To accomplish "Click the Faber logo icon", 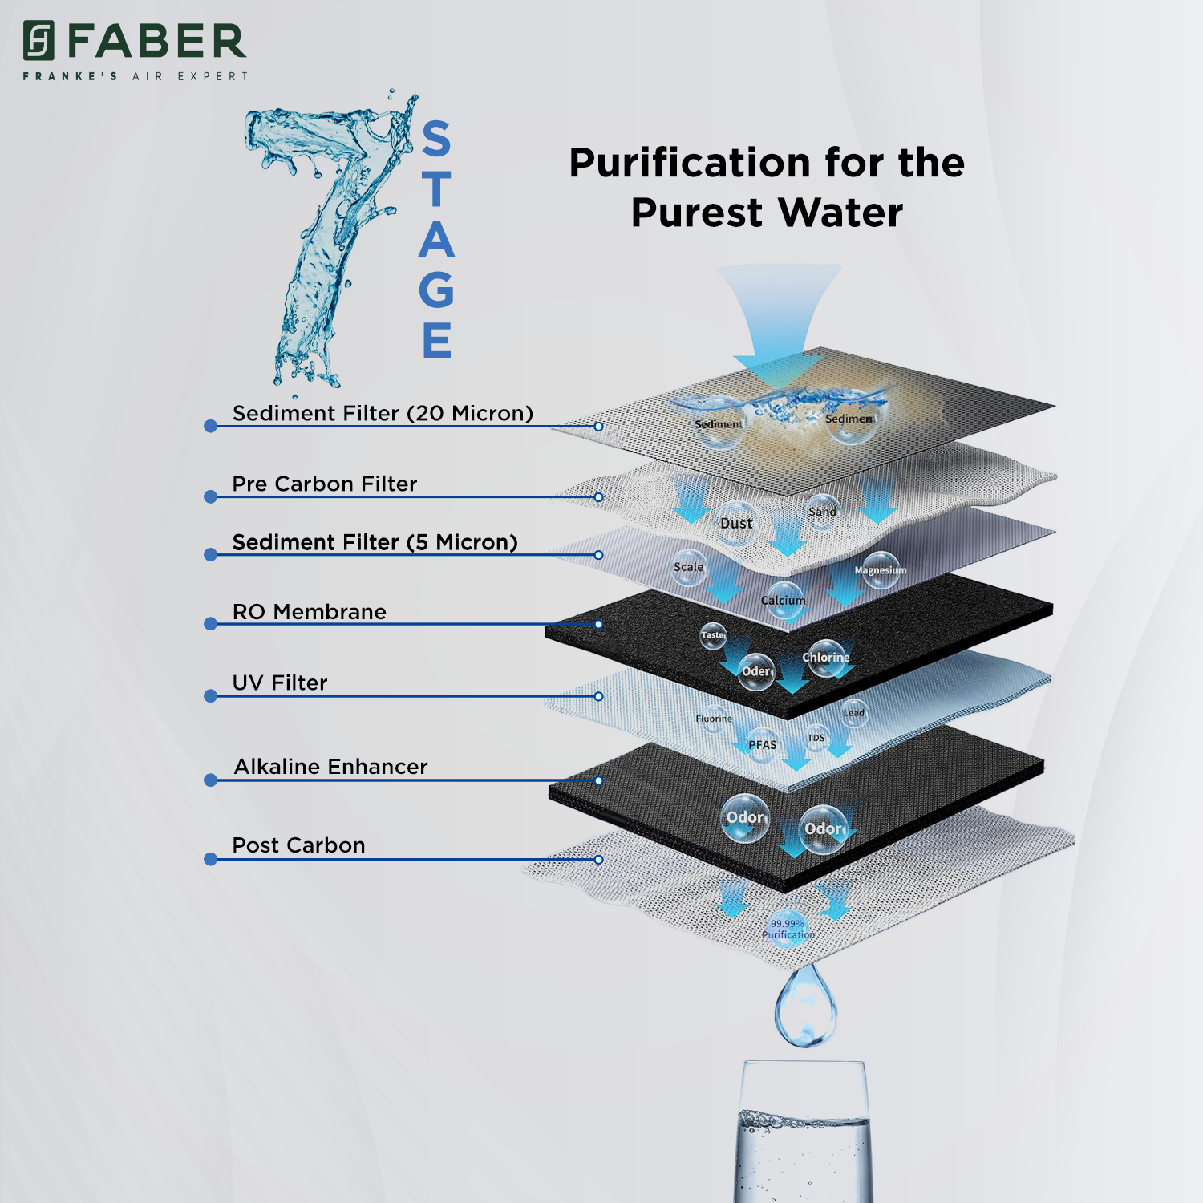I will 38,41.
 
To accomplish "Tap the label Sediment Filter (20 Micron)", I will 383,413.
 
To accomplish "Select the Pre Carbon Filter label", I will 324,484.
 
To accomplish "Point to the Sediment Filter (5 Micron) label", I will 375,542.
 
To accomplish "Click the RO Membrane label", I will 309,612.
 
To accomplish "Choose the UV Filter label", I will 279,683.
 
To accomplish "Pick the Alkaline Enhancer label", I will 330,767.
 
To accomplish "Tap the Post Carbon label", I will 298,845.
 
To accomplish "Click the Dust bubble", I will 736,523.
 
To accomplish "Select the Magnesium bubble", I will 881,569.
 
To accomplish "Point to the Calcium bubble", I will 784,601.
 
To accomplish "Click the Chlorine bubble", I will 826,658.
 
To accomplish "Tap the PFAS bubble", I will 762,745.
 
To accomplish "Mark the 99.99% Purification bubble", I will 788,929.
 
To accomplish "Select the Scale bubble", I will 688,567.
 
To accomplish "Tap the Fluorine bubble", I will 714,719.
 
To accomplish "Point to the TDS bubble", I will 816,738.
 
